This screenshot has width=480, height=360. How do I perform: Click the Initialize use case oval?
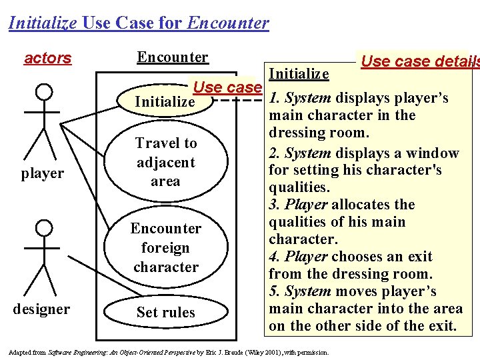(x=165, y=102)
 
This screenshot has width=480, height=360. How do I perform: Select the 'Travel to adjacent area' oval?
(x=165, y=162)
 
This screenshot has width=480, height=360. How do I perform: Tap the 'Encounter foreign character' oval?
(x=165, y=247)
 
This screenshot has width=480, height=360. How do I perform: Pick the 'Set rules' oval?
(x=165, y=312)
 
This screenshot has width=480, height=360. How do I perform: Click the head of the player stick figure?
(x=43, y=91)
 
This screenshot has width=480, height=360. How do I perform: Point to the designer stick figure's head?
(x=43, y=229)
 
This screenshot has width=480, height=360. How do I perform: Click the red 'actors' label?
(x=47, y=58)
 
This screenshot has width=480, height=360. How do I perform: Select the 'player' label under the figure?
(x=42, y=173)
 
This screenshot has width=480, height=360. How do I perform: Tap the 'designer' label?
(x=42, y=309)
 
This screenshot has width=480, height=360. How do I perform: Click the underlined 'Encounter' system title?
(x=172, y=57)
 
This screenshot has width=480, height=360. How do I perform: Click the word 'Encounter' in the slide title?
(x=229, y=23)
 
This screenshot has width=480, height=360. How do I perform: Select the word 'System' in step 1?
(x=307, y=98)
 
